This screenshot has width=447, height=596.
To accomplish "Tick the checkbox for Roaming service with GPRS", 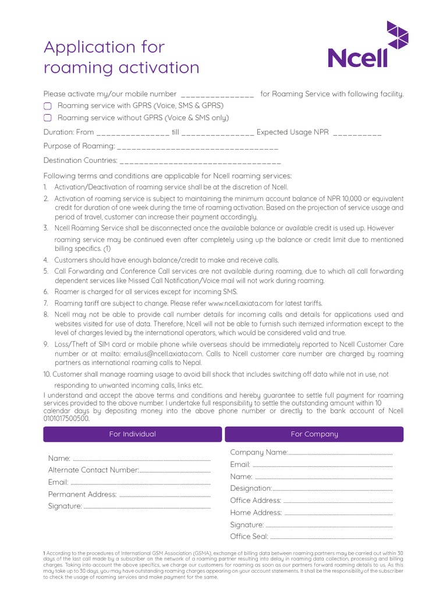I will pyautogui.click(x=48, y=106).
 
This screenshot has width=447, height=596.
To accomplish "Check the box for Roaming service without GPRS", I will pyautogui.click(x=48, y=118).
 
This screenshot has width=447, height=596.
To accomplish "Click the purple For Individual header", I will pyautogui.click(x=133, y=434).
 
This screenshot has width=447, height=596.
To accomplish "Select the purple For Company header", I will pyautogui.click(x=314, y=434).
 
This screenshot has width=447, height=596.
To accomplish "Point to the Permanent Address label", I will pyautogui.click(x=82, y=495).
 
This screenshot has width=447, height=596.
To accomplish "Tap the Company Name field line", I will pyautogui.click(x=340, y=453).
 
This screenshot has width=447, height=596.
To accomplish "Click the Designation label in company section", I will pyautogui.click(x=251, y=488).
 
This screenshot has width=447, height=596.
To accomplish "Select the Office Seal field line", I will pyautogui.click(x=332, y=538).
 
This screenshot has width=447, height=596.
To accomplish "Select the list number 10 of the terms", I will pyautogui.click(x=47, y=374).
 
